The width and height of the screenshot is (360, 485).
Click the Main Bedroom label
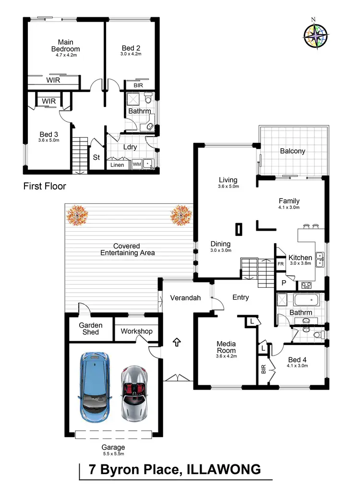point(66,46)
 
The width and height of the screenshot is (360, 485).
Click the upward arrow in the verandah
point(176,342)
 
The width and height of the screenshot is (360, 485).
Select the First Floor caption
point(45,186)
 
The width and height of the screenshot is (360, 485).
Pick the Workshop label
point(136,331)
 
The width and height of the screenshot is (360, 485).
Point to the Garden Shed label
point(91,329)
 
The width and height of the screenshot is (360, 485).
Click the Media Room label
point(226,347)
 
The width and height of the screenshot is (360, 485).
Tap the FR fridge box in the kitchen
point(280,264)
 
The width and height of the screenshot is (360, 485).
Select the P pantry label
point(284,283)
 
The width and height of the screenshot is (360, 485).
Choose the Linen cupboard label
point(117,165)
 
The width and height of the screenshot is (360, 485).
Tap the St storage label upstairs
point(96,158)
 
